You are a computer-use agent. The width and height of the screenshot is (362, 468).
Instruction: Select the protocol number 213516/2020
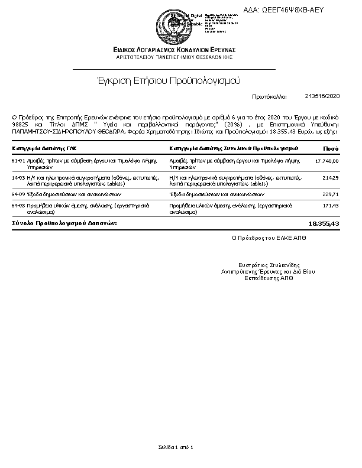click(x=323, y=95)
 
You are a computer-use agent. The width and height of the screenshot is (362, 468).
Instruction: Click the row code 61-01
click(x=18, y=161)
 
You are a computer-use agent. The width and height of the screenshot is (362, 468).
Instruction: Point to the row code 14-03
click(x=18, y=177)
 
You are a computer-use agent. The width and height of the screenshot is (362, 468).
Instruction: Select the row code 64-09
click(x=18, y=194)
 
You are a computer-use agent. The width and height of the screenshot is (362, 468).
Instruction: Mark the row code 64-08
click(x=18, y=205)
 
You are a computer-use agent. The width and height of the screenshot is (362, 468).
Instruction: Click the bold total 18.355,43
click(x=324, y=224)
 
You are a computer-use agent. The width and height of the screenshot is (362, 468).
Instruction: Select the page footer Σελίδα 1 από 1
click(x=176, y=447)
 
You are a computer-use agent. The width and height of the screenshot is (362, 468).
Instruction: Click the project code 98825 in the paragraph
click(x=20, y=125)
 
